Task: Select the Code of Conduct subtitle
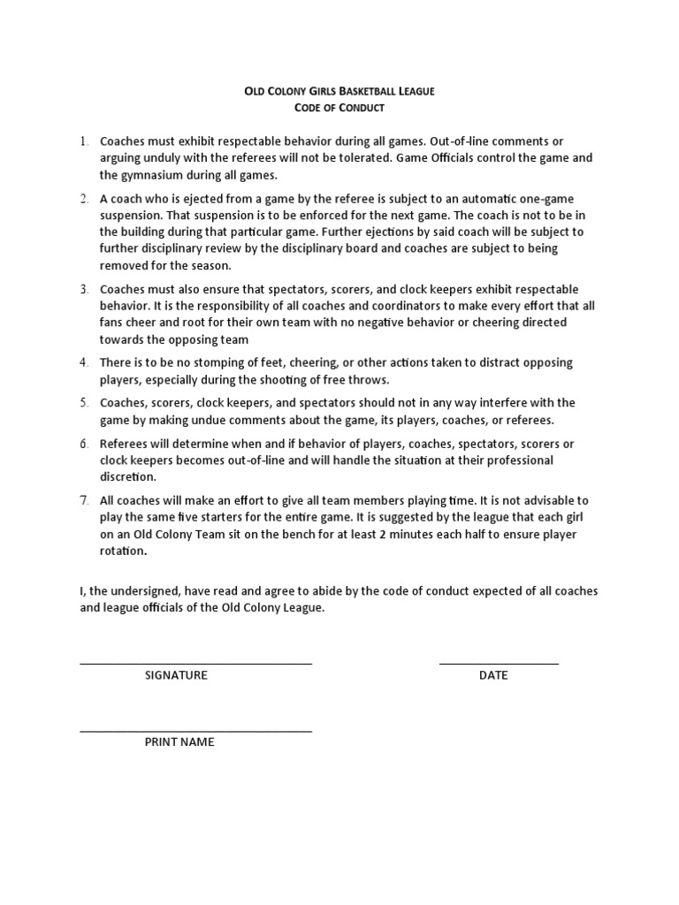pos(339,108)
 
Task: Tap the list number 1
pos(84,141)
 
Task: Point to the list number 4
pos(84,363)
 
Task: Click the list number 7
pos(84,501)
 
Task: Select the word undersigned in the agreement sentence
pos(143,591)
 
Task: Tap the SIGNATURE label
pos(176,675)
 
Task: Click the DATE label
pos(493,675)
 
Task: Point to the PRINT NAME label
pos(179,742)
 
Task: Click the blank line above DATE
pos(499,663)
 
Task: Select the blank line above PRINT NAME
pos(195,731)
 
